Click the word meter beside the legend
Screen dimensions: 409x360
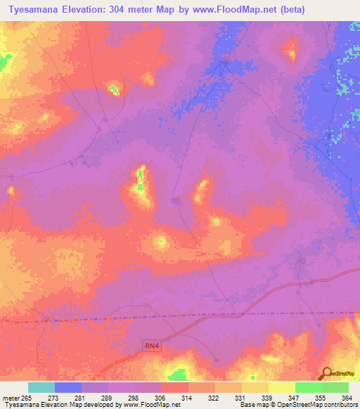pyautogui.click(x=10, y=397)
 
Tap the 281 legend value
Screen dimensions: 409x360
pyautogui.click(x=81, y=397)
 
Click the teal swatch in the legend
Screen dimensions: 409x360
pyautogui.click(x=41, y=387)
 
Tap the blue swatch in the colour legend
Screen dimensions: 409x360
pyautogui.click(x=67, y=387)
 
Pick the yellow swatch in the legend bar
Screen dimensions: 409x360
pyautogui.click(x=281, y=387)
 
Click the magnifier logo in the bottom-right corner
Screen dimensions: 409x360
pyautogui.click(x=327, y=374)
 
